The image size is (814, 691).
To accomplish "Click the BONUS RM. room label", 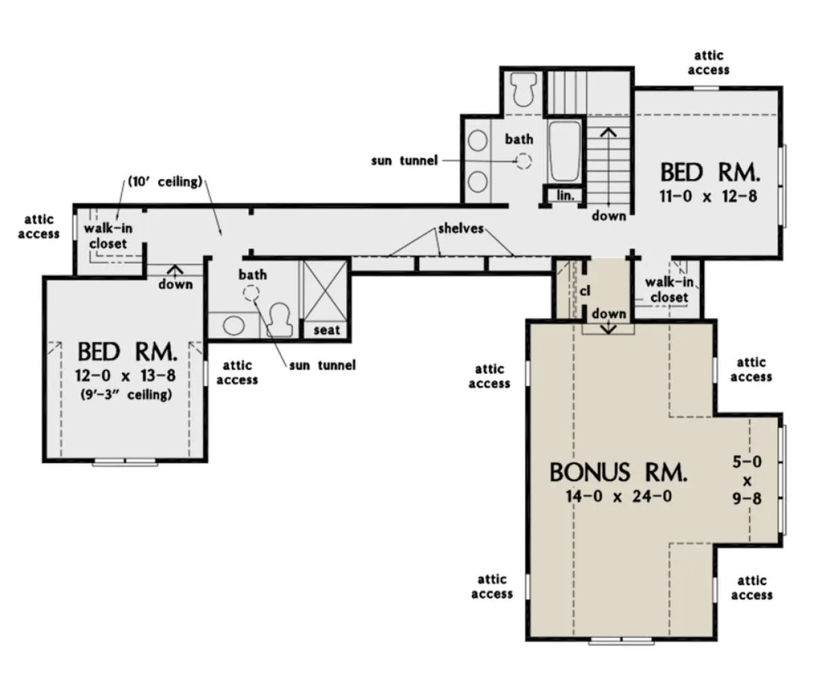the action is point(618,472).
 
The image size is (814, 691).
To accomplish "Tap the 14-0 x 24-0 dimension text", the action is point(619,496).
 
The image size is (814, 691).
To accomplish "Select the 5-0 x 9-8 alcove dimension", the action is point(747,480).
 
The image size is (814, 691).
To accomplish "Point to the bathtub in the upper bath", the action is point(564,151).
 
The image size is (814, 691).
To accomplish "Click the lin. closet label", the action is point(566,195).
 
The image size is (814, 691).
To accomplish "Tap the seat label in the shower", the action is point(327,330).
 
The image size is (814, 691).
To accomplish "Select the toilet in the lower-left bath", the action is point(279,319).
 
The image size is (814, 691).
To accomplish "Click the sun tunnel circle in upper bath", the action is point(524,161).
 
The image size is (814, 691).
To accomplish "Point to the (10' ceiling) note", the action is point(166,182).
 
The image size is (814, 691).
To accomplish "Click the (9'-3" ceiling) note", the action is point(126,394).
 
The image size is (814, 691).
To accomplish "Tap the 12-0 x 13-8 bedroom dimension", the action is point(125,376).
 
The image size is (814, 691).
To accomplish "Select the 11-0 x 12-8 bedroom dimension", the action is point(708,196).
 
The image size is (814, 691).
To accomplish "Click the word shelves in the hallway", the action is point(461,229).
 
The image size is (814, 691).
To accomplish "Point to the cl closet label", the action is point(585,291).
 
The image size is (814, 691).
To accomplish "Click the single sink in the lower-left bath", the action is point(233,325).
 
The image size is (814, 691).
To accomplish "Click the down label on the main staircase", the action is point(609,216).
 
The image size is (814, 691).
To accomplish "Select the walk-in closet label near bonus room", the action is point(669,290).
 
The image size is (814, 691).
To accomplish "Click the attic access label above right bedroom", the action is point(708,62).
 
